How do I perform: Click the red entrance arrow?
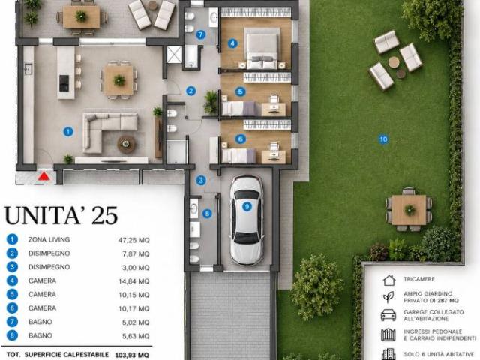[x=43, y=176]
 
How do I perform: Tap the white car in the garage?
[x=247, y=220]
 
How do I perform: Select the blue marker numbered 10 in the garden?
[x=383, y=139]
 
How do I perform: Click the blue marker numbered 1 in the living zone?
[x=67, y=132]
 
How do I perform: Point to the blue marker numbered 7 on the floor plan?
[x=200, y=34]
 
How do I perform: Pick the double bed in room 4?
[x=262, y=48]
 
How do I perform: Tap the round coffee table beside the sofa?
[x=127, y=144]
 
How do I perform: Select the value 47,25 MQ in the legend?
[x=134, y=240]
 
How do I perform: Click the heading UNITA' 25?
[x=61, y=215]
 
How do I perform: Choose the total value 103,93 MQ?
[x=132, y=355]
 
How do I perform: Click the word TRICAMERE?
[x=419, y=279]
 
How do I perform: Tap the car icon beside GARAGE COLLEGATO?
[x=388, y=315]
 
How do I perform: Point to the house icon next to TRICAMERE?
[x=389, y=280]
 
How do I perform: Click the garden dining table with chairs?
[x=409, y=210]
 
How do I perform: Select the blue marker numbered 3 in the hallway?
[x=201, y=180]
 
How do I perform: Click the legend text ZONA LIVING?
[x=49, y=239]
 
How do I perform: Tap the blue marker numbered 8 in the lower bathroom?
[x=207, y=213]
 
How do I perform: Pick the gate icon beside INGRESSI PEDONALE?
[x=388, y=335]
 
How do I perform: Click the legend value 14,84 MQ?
[x=134, y=281]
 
